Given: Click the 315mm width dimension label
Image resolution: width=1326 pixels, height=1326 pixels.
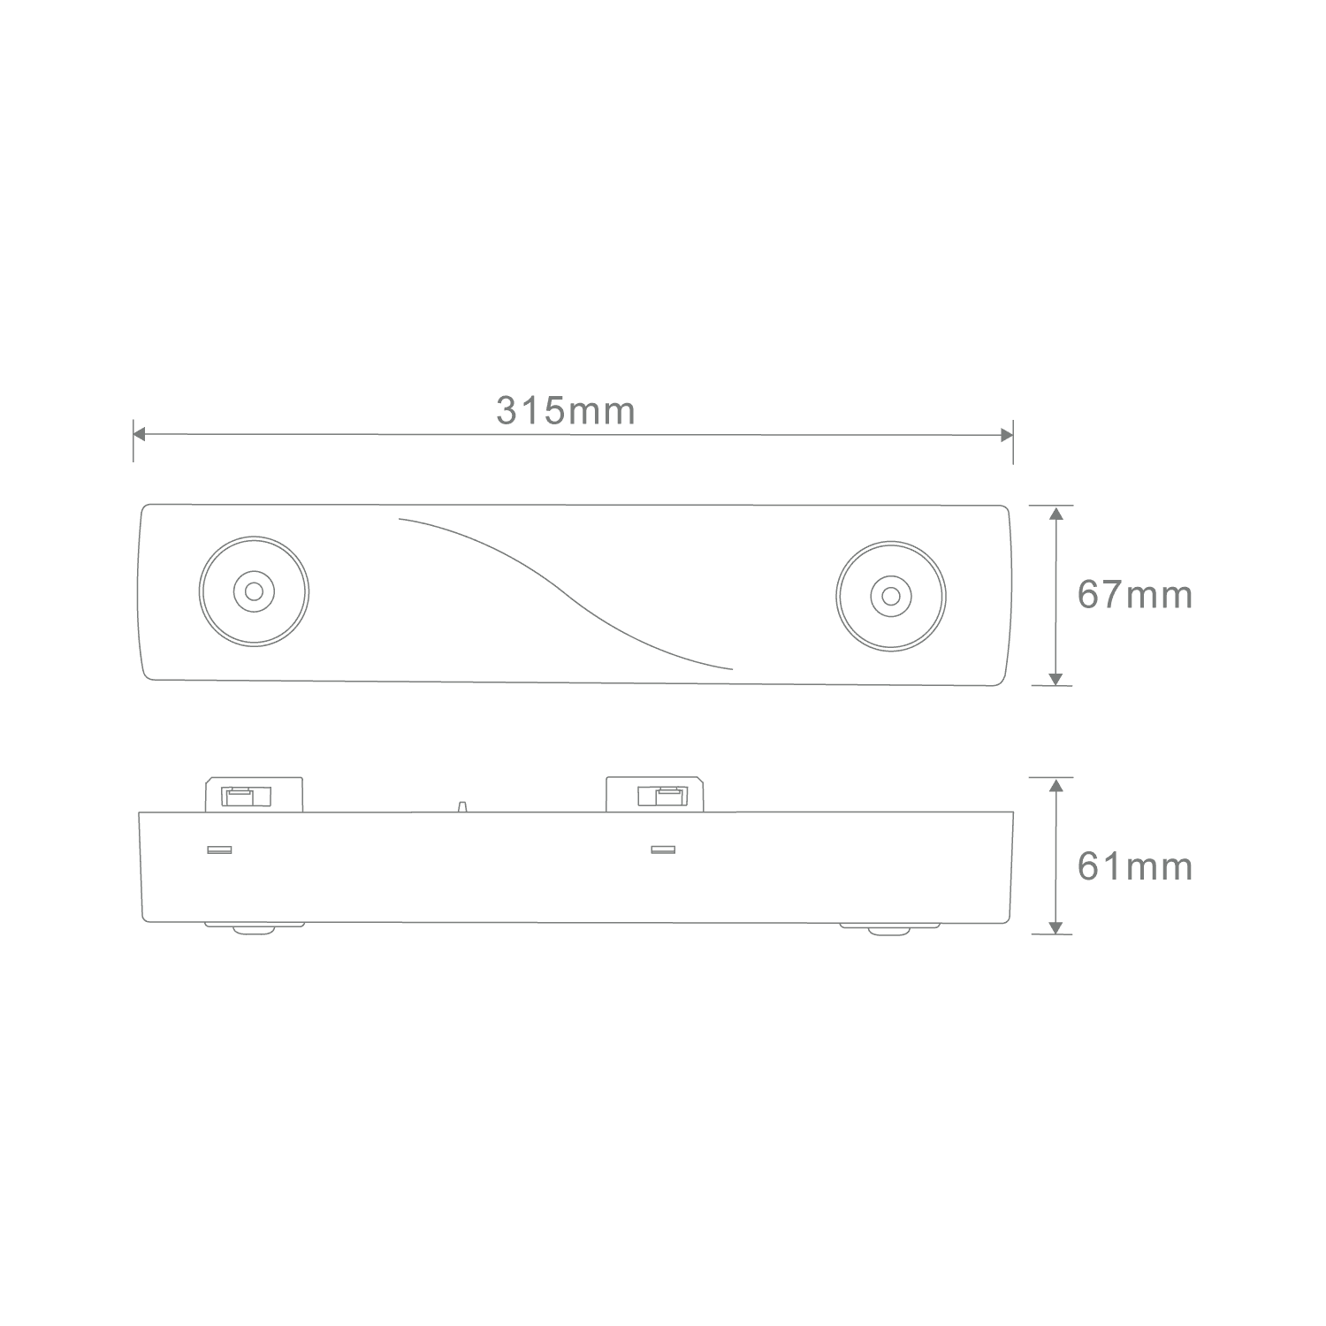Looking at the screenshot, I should point(566,412).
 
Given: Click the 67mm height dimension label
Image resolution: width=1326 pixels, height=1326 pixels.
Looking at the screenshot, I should point(1135,596).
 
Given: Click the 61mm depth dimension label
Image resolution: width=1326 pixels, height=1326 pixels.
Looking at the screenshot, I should point(1135,867).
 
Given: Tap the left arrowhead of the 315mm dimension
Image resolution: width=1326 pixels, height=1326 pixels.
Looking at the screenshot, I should point(139,434).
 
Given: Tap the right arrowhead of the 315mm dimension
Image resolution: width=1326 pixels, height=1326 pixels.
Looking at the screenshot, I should point(1007,435).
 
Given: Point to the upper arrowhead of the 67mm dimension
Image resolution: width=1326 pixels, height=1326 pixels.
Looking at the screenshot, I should point(1055,514).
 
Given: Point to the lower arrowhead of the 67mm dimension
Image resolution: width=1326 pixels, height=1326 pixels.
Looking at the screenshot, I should point(1055,678).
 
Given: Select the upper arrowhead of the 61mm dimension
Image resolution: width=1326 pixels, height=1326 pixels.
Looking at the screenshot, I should point(1055,785).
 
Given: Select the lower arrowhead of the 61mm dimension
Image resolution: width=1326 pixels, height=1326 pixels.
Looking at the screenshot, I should point(1055,926).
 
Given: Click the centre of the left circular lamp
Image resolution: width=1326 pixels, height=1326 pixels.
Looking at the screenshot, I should point(254,591).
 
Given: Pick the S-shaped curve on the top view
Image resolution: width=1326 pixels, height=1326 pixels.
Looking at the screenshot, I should point(566,593).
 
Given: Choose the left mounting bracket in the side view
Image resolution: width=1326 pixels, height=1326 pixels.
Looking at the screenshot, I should point(255,794).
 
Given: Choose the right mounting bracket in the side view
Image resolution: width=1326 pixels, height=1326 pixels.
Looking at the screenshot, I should point(654,794).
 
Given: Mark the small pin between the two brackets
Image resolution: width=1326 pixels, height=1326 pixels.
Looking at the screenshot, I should point(461,806).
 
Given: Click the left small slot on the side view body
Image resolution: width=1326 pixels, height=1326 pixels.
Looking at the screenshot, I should point(218,850).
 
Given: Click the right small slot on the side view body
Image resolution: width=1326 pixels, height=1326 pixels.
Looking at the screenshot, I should point(662,850).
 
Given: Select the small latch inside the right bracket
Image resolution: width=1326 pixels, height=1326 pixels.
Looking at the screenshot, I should point(661,797).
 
